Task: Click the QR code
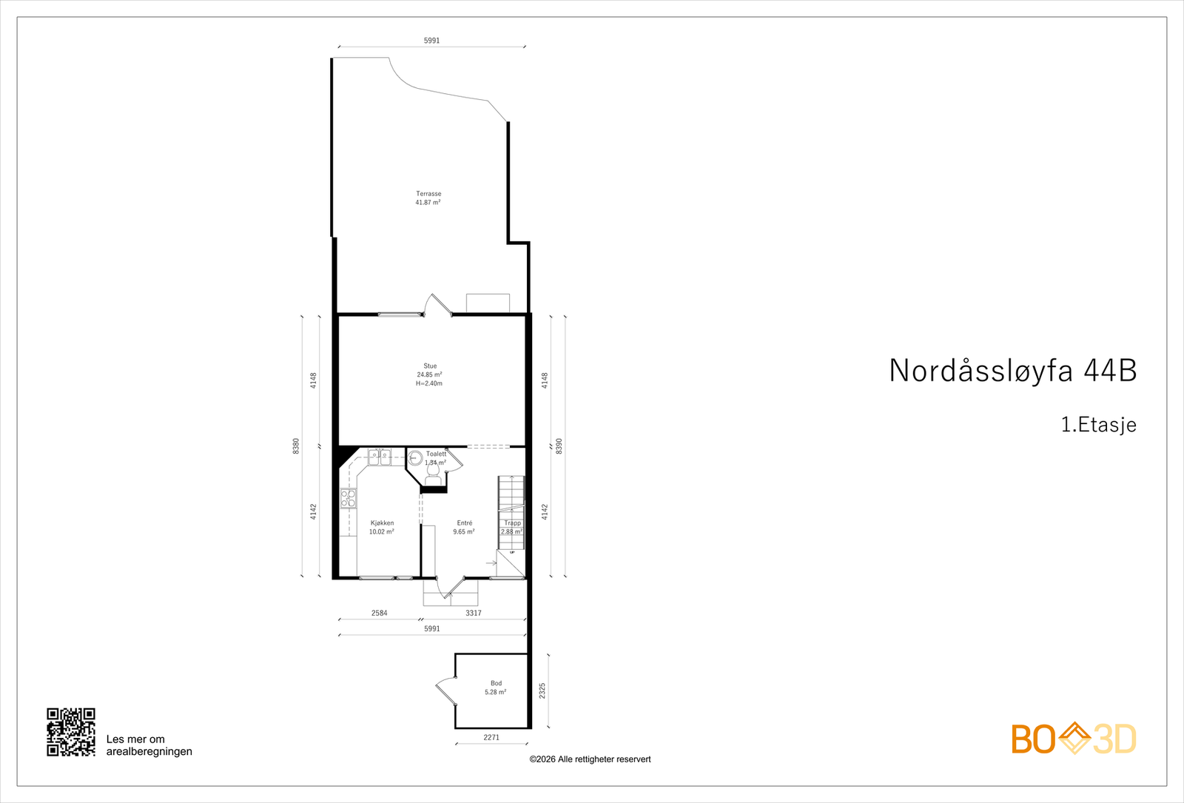[x=71, y=732]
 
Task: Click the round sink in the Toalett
[x=415, y=459]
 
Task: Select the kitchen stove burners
[x=348, y=498]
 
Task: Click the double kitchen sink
[x=380, y=457]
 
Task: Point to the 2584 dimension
[x=379, y=613]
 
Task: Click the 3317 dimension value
[x=474, y=613]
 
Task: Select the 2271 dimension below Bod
[x=491, y=737]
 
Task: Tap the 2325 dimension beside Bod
[x=542, y=691]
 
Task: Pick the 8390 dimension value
[x=559, y=446]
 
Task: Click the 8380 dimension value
[x=296, y=446]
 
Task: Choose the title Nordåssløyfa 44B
[x=1012, y=371]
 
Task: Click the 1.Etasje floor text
[x=1098, y=425]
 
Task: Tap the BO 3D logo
[x=1074, y=739]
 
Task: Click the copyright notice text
[x=590, y=759]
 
